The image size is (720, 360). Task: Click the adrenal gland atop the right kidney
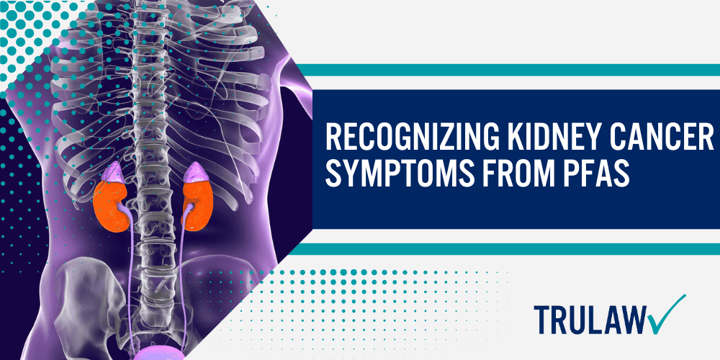pos(194,174)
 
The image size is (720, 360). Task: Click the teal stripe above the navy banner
pos(504,70)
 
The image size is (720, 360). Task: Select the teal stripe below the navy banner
pos(504,248)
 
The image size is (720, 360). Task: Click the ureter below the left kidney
pos(130,274)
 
